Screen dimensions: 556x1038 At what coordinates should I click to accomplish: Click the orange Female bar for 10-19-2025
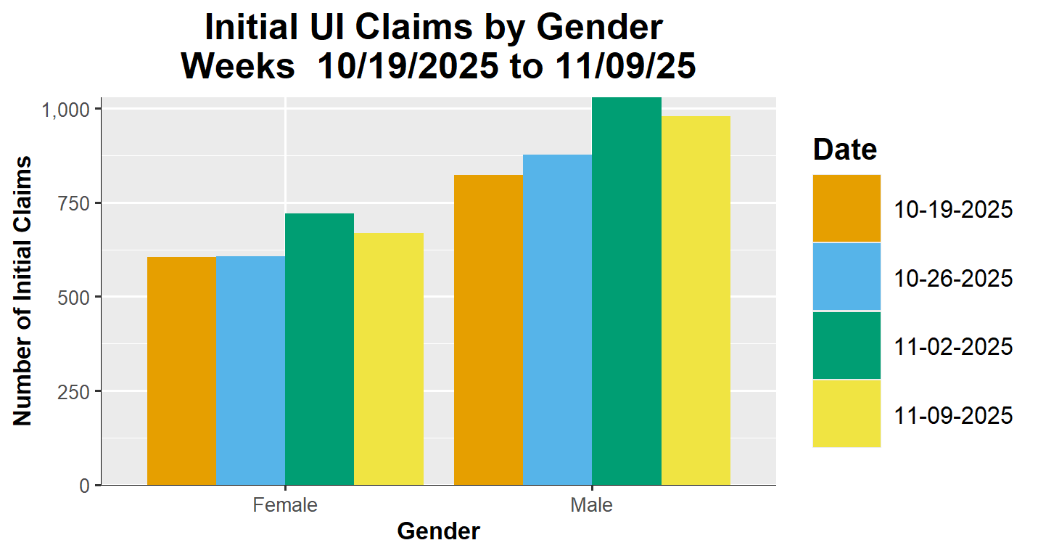click(181, 371)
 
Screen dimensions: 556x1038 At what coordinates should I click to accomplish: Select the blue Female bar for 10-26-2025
click(250, 370)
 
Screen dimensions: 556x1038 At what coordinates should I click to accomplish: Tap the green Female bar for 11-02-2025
click(319, 349)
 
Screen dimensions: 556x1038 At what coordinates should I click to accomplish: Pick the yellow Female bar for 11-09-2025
click(389, 359)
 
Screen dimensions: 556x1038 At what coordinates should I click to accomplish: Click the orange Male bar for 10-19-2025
click(488, 330)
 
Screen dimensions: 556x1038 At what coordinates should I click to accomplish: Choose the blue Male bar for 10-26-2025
click(557, 319)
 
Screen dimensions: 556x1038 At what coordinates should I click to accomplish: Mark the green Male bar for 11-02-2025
click(627, 291)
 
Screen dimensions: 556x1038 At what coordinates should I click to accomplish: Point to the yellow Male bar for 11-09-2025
click(696, 301)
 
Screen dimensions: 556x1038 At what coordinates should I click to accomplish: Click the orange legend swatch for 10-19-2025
click(847, 208)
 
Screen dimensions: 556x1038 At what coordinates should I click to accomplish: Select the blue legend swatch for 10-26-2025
click(847, 277)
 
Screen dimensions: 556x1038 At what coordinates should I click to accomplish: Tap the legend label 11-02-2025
click(953, 347)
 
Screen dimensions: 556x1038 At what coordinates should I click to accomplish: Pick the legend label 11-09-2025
click(953, 416)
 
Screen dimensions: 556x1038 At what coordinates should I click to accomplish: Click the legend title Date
click(845, 150)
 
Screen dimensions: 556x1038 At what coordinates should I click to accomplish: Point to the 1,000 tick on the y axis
click(66, 110)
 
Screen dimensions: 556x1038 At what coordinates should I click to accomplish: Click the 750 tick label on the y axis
click(75, 203)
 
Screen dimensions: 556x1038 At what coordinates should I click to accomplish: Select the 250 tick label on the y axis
click(75, 391)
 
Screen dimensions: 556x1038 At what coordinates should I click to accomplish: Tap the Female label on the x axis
click(285, 505)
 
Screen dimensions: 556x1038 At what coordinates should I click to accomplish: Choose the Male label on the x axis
click(592, 505)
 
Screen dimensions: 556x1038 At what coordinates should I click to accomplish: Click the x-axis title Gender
click(438, 531)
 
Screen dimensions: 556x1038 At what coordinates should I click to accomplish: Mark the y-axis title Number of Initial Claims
click(23, 290)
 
